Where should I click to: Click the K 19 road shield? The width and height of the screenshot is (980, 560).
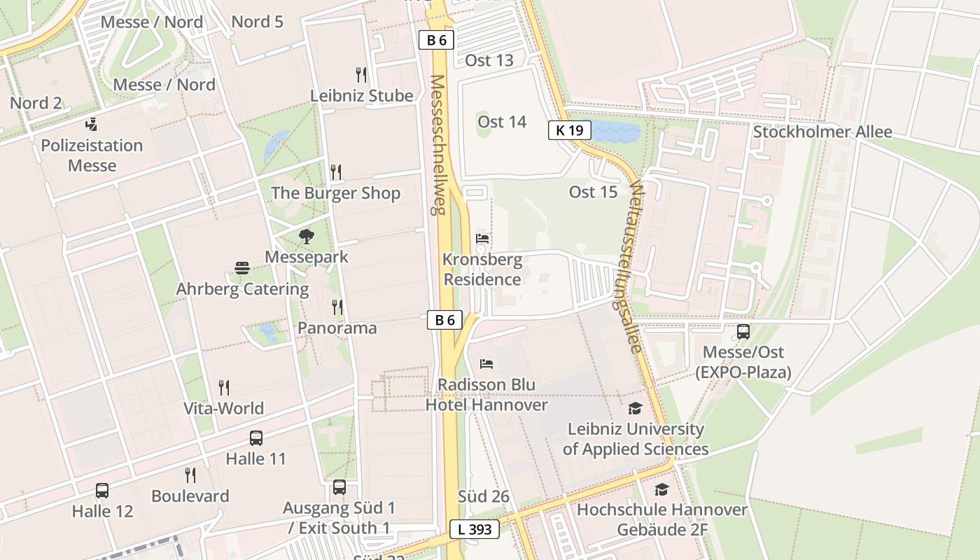[x=570, y=129]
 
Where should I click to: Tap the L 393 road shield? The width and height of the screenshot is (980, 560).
[x=475, y=529]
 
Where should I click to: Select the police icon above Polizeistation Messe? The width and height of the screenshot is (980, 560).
[x=91, y=125]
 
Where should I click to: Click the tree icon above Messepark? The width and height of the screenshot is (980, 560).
[x=306, y=237]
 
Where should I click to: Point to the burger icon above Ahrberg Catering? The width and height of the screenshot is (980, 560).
[x=242, y=268]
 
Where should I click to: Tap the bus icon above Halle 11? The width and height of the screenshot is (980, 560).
[x=256, y=438]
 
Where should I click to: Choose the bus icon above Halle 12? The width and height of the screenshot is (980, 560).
[x=102, y=490]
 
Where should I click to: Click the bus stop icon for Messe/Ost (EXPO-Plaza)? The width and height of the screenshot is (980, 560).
[x=743, y=332]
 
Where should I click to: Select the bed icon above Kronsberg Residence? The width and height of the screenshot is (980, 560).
[x=482, y=239]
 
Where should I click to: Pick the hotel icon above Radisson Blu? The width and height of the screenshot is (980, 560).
[x=486, y=364]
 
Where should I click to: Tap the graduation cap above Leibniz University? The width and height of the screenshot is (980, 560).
[x=635, y=408]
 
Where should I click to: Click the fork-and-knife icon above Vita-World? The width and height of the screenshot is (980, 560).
[x=224, y=387]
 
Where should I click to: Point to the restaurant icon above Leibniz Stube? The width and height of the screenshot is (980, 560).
[x=361, y=74]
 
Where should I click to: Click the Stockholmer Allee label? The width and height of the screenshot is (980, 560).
[x=822, y=132]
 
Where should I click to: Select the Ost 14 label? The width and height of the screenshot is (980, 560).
[x=502, y=122]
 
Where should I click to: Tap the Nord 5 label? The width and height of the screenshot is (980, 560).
[x=257, y=22]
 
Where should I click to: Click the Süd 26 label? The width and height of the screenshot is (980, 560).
[x=483, y=496]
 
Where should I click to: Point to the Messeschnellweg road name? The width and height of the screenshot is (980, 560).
[x=438, y=145]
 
